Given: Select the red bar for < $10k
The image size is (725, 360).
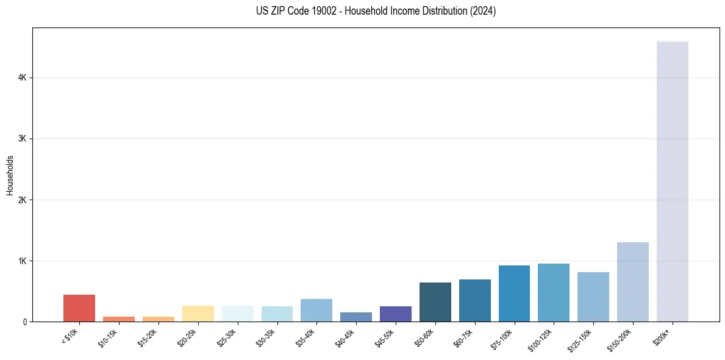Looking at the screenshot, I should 79,308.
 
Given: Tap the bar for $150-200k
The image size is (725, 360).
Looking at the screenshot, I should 632,282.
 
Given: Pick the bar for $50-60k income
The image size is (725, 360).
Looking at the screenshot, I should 435,302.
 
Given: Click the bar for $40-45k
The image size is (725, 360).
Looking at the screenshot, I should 356,317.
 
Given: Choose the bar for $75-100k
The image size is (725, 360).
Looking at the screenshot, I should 514,293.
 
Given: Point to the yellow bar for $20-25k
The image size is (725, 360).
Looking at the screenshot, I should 198,314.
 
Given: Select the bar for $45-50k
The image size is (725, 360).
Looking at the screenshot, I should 395,314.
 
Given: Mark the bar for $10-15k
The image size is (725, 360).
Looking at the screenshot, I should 119,319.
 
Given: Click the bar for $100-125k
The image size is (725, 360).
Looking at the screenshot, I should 554,292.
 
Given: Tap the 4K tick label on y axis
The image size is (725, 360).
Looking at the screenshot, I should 22,78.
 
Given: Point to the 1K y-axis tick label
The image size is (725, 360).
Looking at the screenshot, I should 22,261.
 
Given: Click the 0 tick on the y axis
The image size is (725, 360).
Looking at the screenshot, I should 24,322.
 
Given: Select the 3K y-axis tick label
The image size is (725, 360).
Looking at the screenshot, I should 22,139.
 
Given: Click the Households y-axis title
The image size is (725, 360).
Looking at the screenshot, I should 10,175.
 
